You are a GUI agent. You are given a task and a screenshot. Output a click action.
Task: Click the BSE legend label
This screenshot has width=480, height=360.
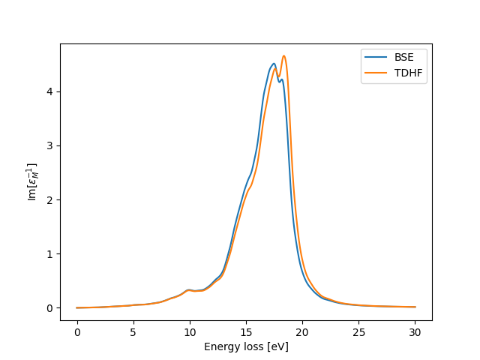[x=404, y=56]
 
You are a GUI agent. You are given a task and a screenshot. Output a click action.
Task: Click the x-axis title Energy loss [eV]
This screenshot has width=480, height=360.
[x=246, y=346]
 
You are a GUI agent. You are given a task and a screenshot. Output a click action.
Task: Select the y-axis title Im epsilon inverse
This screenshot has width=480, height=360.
[x=32, y=181]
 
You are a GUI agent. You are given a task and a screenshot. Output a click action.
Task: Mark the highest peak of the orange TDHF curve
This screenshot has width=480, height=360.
[x=283, y=55]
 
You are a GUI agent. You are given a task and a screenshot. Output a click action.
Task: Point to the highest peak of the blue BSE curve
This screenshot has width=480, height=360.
[x=274, y=64]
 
